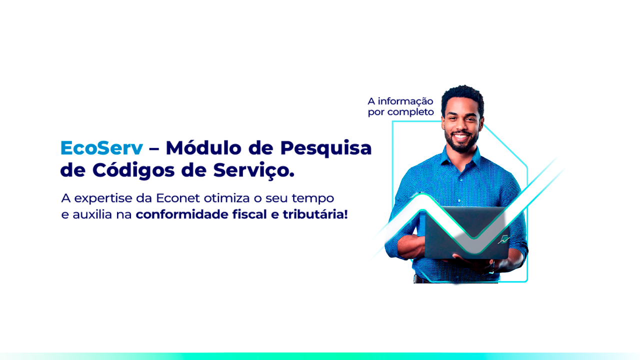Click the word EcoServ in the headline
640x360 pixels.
[x=101, y=148]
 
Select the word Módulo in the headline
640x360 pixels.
[x=203, y=147]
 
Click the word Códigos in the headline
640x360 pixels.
[x=133, y=170]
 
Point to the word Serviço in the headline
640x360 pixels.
[x=251, y=171]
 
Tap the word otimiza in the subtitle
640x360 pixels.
[x=226, y=198]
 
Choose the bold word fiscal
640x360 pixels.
[x=249, y=214]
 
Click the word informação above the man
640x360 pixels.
[x=405, y=101]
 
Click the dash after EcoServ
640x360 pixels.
[x=154, y=148]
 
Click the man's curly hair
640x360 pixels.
[x=463, y=95]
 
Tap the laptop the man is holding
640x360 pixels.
[x=467, y=233]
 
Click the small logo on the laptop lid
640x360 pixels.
[x=503, y=239]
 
